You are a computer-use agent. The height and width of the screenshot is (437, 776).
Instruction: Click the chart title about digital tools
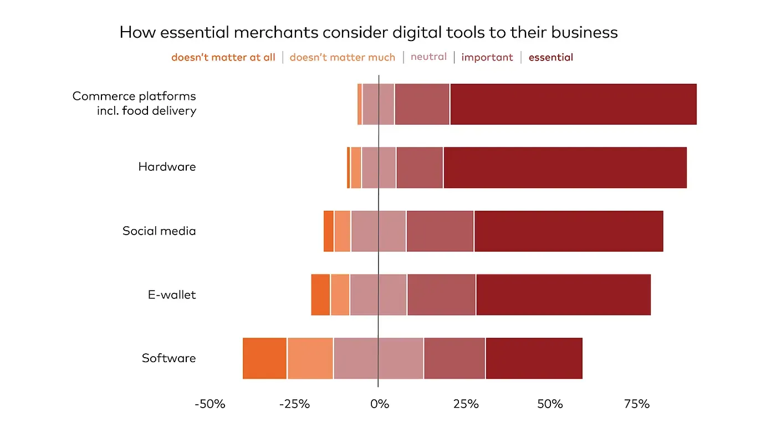point(369,32)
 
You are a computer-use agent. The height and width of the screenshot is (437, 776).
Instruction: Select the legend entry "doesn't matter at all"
point(223,57)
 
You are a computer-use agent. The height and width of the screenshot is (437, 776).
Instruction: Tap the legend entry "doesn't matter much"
point(342,57)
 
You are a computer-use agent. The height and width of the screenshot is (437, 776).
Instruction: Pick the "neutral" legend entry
point(428,57)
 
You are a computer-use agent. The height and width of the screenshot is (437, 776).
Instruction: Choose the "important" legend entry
point(487,57)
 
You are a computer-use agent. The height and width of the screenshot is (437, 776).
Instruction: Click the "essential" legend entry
point(550,57)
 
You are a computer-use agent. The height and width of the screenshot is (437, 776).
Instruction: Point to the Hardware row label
point(167,167)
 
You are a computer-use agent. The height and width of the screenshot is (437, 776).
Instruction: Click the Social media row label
point(159,231)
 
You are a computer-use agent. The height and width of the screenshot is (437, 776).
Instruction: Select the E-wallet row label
point(171,294)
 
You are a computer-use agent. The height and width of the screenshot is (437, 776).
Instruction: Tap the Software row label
point(169,358)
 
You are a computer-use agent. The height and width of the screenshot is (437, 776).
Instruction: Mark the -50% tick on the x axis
point(210,404)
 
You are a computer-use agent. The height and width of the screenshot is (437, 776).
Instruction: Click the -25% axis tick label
point(294,404)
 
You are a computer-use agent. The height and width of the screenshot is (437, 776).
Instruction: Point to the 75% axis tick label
point(636,404)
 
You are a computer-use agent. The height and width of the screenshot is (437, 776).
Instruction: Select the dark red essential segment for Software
point(534,358)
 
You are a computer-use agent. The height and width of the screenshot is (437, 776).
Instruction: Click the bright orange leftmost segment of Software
point(264,358)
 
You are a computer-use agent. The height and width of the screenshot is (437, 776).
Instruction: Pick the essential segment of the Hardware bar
point(565,167)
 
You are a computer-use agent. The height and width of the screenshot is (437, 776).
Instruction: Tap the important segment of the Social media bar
point(440,231)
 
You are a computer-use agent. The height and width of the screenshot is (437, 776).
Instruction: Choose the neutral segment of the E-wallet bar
point(378,294)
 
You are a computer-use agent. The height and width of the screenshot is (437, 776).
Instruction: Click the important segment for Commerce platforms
point(422,104)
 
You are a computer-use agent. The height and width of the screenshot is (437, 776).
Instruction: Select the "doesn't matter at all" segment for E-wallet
point(320,294)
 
